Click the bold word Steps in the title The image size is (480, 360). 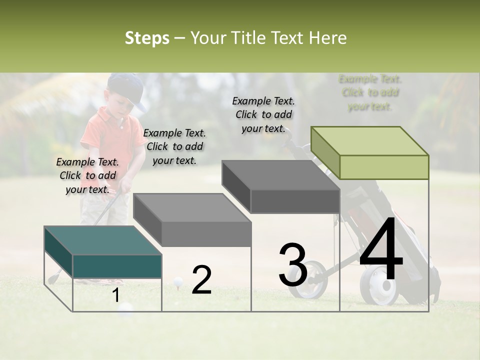147,38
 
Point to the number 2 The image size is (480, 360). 201,280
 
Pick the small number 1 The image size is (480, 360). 115,295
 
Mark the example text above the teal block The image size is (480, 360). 87,175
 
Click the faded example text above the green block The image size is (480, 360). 370,92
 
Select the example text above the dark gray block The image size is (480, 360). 263,114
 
